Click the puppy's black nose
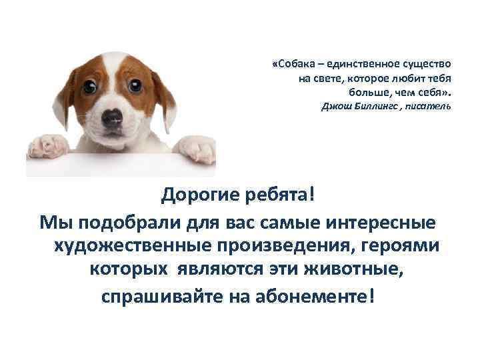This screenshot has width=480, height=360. pyautogui.click(x=112, y=119)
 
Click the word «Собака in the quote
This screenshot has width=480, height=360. pyautogui.click(x=293, y=65)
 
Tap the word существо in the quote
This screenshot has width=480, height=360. pyautogui.click(x=427, y=65)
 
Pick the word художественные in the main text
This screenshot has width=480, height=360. pyautogui.click(x=131, y=245)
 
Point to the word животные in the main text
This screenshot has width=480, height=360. pyautogui.click(x=353, y=269)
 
